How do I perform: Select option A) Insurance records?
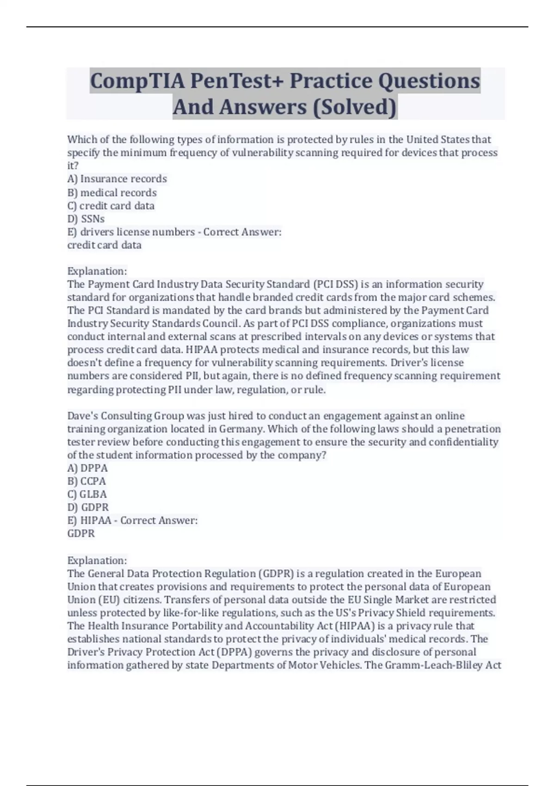117,179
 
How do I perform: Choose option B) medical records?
112,192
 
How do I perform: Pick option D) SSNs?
86,219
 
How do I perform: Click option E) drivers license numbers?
131,232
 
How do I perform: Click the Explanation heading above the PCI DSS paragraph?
97,271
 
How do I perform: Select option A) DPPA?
87,468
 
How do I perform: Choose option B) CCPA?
86,481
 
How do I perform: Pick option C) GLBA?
87,494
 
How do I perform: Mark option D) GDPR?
88,507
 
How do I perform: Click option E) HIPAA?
89,521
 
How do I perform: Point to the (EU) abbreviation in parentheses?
109,600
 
